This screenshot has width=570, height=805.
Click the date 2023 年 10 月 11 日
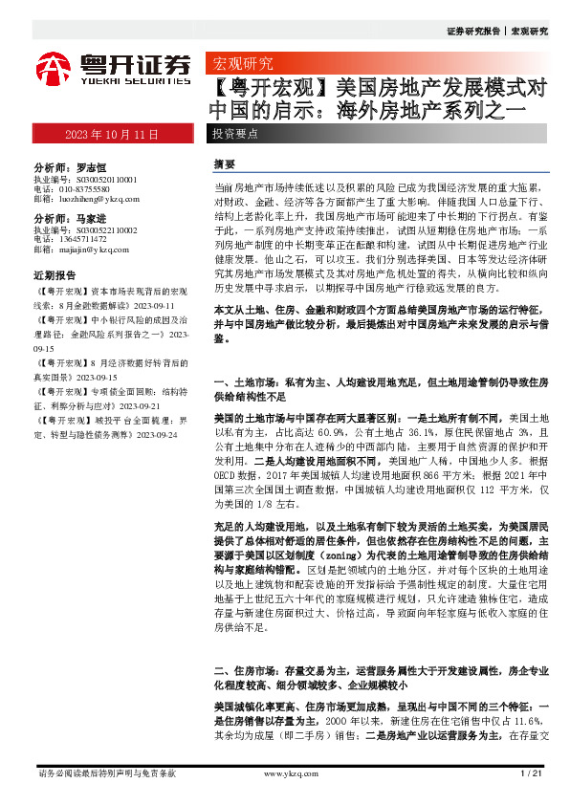coord(112,133)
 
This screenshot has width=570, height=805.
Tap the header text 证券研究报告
coord(472,31)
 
